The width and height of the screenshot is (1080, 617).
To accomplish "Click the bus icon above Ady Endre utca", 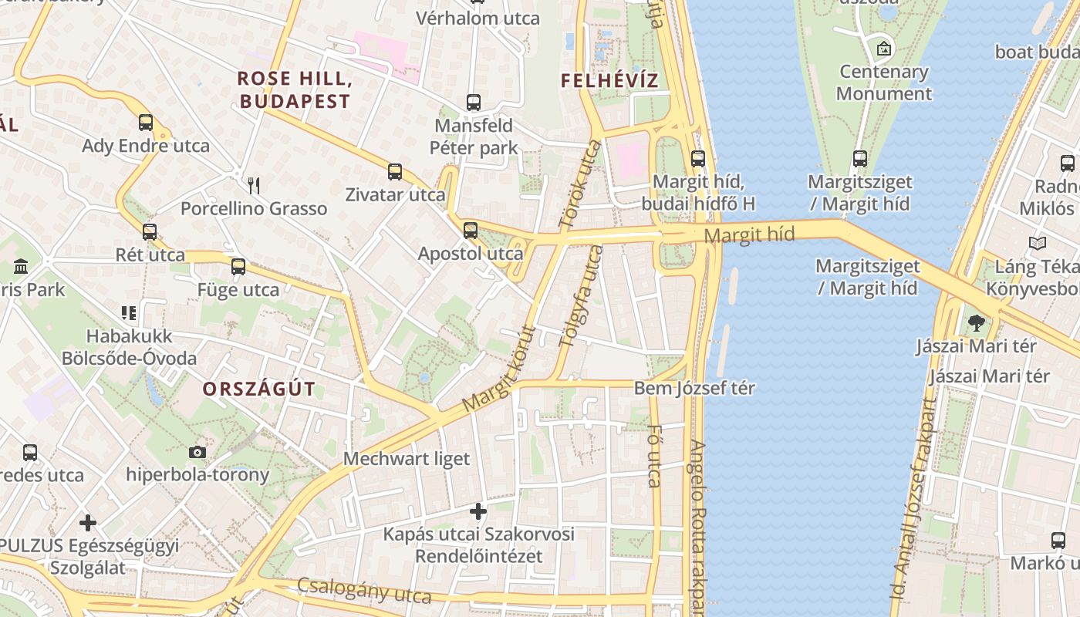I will pos(146,122).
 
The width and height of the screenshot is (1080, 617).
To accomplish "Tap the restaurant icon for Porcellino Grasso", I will pos(254,185).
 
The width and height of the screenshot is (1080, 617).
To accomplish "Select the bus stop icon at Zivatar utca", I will pos(395,171).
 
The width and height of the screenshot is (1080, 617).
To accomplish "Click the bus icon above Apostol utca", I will pos(471,230).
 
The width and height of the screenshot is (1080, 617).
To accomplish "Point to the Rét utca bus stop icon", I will pos(150,231).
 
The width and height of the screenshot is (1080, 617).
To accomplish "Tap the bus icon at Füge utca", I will pos(238,267).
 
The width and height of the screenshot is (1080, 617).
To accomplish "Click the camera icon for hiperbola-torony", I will pos(197,452).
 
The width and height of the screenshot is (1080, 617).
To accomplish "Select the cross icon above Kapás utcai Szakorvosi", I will pos(478,511).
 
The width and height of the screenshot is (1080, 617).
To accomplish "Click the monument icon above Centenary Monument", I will pos(884,49).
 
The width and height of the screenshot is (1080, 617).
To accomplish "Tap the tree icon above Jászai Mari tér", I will pos(976,322).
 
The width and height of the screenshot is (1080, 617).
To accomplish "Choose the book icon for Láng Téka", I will pos(1038,244).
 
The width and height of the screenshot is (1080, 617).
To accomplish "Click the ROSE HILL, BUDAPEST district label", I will pos(294,89).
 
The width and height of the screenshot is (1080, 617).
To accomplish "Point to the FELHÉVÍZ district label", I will pos(609,80).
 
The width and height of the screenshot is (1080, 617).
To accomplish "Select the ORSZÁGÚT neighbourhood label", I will pos(259,389).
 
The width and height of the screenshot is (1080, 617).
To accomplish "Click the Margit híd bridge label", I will pos(749,235).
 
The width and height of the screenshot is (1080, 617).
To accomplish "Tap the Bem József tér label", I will pos(694,388).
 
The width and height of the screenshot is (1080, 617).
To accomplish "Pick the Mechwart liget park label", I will pos(406,459).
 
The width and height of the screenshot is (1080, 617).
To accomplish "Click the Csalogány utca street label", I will pos(364,591).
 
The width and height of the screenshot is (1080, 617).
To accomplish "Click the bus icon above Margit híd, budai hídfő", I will pos(698,159).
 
